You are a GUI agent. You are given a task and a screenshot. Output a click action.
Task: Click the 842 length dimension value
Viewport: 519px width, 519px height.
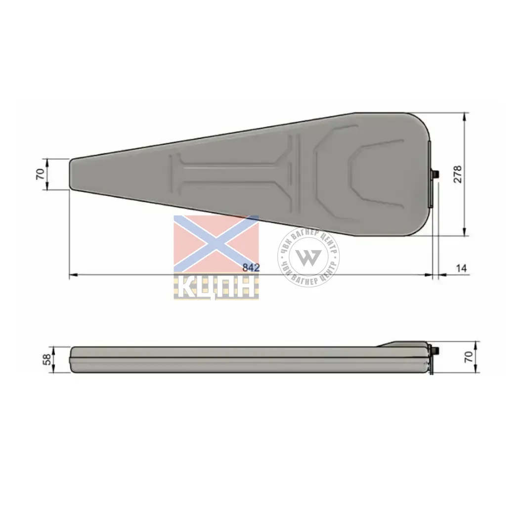(251, 267)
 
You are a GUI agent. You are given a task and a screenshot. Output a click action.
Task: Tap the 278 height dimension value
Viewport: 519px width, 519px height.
(458, 174)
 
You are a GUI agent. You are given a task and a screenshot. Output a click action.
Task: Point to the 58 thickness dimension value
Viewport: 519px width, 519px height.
(48, 359)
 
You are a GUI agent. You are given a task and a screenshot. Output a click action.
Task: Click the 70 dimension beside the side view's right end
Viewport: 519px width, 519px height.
(469, 357)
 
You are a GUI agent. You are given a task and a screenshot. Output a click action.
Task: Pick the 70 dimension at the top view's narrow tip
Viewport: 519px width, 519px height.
(40, 174)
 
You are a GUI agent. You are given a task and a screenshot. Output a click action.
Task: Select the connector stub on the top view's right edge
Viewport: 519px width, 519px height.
(435, 175)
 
